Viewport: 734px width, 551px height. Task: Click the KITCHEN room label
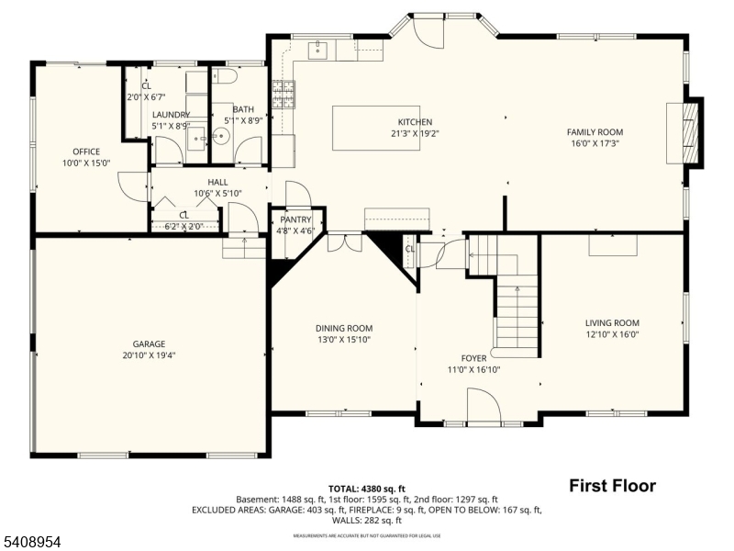pos(414,122)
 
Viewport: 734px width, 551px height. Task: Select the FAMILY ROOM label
pos(594,132)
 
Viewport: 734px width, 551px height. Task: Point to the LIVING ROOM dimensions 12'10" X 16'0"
pos(612,334)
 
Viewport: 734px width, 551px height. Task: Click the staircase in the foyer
pos(517,312)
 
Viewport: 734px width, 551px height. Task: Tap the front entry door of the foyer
pos(484,406)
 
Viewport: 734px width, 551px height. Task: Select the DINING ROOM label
pos(344,328)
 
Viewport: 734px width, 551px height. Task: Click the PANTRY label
pos(295,220)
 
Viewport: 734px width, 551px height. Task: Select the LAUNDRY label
pos(171,115)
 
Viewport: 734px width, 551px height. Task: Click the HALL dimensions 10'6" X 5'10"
pos(217,193)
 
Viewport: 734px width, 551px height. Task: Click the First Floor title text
pos(612,486)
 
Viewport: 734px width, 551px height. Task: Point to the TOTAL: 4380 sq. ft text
pos(367,489)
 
